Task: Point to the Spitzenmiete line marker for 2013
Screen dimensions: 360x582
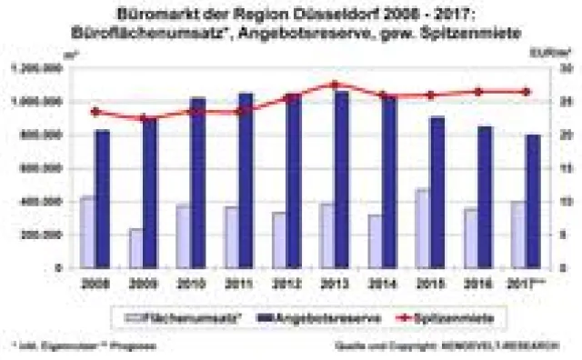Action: tap(334, 85)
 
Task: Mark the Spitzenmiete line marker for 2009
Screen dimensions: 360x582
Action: tap(142, 118)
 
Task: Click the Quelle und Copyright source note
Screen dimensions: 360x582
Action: tap(467, 346)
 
